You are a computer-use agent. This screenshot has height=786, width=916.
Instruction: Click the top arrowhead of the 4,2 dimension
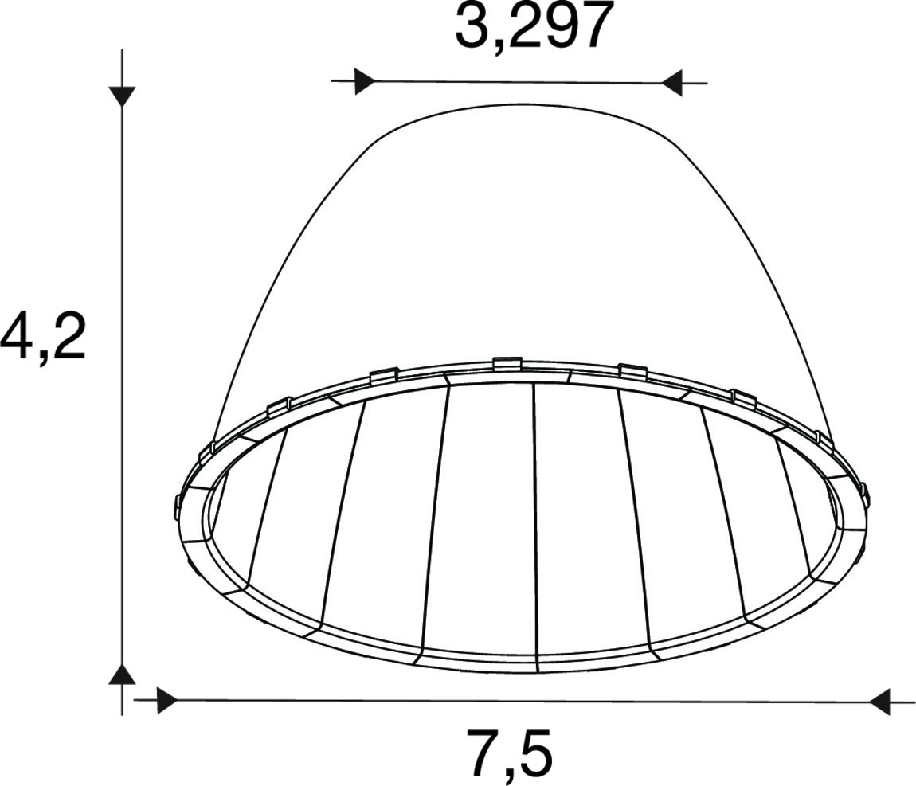[x=122, y=96]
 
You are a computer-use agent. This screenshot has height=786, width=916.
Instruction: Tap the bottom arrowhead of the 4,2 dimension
[x=122, y=673]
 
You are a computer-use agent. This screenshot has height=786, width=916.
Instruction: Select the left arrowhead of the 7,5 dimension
[x=167, y=699]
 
